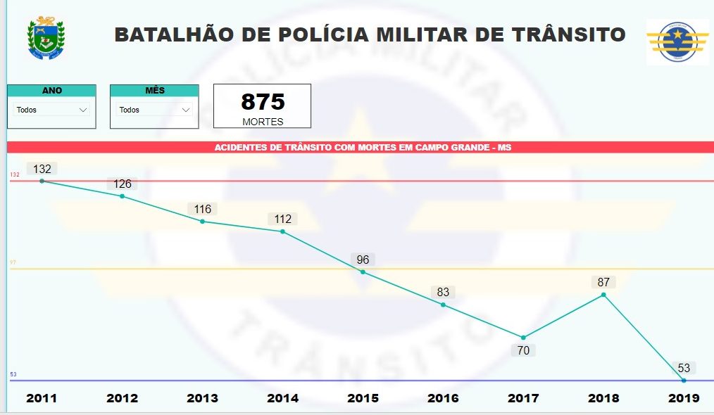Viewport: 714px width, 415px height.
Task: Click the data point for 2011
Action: [x=42, y=181]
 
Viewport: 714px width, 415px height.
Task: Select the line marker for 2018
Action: [x=603, y=295]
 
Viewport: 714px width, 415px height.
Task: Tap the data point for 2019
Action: [x=684, y=381]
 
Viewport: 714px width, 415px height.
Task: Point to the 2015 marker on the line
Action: [x=363, y=272]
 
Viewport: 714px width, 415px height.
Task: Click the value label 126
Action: [x=122, y=184]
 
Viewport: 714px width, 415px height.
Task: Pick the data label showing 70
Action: [x=523, y=350]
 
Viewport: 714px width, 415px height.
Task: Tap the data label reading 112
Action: [x=282, y=219]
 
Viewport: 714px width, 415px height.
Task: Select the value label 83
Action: [x=443, y=292]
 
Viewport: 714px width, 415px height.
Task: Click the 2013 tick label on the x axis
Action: [x=202, y=398]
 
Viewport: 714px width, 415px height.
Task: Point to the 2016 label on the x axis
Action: [x=443, y=398]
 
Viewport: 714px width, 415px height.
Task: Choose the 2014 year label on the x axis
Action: [x=282, y=398]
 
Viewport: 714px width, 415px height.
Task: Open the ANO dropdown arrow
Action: [x=83, y=110]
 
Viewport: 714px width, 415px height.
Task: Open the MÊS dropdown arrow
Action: [x=186, y=110]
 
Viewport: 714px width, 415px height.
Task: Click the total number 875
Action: [x=263, y=102]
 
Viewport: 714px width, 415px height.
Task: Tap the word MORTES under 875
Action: [x=263, y=122]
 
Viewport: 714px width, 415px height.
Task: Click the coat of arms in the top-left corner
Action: [x=45, y=39]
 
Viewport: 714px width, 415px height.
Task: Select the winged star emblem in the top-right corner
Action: [x=677, y=42]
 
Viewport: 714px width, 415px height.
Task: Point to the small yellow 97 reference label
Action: [x=13, y=262]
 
